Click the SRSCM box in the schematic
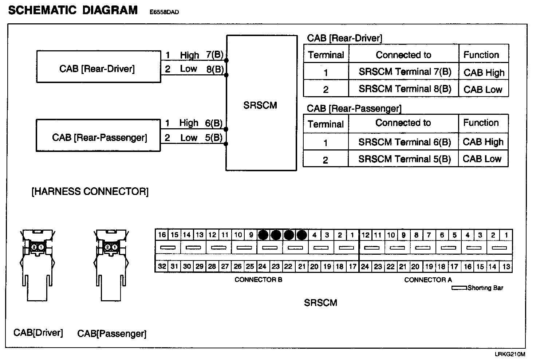(261, 106)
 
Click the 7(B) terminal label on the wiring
(214, 55)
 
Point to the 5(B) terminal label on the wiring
(214, 138)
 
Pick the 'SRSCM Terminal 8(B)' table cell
(405, 89)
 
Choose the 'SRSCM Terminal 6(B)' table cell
(404, 142)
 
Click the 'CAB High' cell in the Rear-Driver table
(484, 73)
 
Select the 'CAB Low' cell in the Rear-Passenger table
(482, 159)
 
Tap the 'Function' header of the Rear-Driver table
(481, 55)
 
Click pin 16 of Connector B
(162, 235)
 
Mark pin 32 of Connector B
(162, 266)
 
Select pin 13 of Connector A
(506, 266)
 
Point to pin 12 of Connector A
(366, 235)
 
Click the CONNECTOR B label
(259, 280)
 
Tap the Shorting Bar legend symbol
(459, 288)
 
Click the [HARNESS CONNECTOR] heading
(90, 192)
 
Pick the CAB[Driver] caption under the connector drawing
(38, 333)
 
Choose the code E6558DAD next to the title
(164, 12)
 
